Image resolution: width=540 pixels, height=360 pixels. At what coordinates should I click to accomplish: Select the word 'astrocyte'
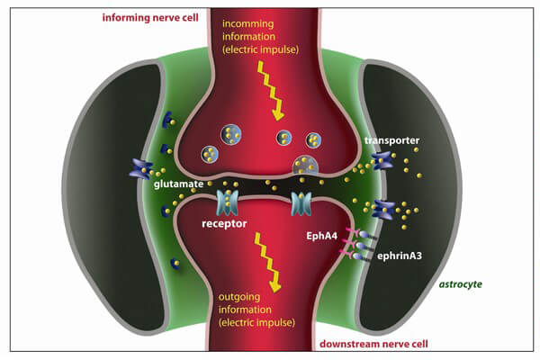tap(461, 284)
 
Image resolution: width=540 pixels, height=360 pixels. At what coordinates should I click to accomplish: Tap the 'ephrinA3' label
tap(402, 255)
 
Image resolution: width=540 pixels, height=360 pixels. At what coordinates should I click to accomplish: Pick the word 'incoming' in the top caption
tap(269, 24)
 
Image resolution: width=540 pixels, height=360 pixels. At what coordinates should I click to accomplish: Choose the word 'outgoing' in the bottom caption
tap(266, 301)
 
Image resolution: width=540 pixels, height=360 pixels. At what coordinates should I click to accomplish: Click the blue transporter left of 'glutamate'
tap(142, 166)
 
